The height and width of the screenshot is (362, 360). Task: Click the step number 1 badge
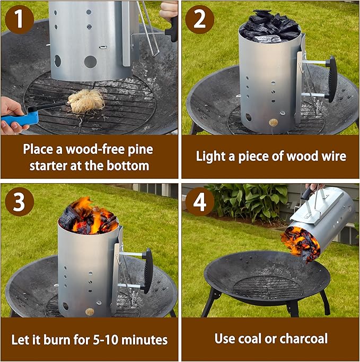click(x=19, y=20)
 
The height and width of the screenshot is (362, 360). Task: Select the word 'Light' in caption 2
click(x=210, y=157)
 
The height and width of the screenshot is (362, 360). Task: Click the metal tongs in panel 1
click(x=148, y=27)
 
